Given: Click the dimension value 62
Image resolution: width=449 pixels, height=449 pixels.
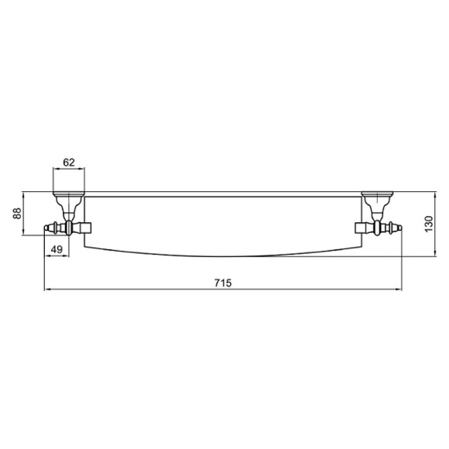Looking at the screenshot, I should tap(68, 162).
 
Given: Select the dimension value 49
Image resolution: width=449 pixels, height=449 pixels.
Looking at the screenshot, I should tap(56, 248).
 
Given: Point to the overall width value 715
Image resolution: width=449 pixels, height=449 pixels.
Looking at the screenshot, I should tap(222, 283).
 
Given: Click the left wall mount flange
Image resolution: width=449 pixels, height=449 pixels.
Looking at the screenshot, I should tap(68, 192).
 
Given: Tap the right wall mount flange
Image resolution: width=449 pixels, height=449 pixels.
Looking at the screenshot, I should tap(378, 192).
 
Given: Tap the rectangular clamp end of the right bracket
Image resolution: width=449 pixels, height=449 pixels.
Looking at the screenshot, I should tap(362, 228).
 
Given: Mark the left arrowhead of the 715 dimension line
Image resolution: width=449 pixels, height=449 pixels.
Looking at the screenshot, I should tap(46, 290).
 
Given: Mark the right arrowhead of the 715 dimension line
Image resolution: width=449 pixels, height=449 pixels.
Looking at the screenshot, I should tap(399, 290).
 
